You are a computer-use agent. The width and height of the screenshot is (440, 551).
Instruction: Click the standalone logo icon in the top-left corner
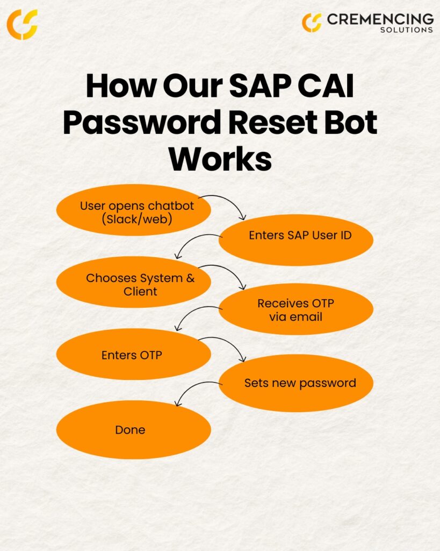pos(22,24)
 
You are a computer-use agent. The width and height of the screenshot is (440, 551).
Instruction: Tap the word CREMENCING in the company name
pos(380,19)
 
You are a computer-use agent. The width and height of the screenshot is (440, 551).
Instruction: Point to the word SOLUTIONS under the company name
pos(407,30)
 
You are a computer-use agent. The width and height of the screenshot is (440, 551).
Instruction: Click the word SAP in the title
pos(260,86)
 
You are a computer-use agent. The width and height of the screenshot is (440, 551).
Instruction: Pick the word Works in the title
pos(220,158)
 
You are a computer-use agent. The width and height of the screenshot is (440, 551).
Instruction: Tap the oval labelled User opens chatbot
pos(134,210)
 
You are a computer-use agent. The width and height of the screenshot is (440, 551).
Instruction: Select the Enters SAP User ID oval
pos(296,239)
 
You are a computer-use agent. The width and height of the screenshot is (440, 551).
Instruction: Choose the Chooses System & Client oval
pos(134,282)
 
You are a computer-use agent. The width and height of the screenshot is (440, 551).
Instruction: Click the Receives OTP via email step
pos(296,309)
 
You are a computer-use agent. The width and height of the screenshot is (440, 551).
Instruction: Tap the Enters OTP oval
pos(134,354)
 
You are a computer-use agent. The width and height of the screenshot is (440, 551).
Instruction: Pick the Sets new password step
pos(296,383)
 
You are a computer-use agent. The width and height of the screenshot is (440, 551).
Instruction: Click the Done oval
pos(134,429)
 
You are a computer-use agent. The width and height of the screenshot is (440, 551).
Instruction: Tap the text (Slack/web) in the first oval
pos(137,220)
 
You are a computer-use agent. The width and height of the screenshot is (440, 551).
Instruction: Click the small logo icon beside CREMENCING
pos(312,23)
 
